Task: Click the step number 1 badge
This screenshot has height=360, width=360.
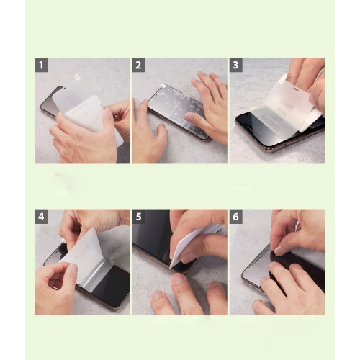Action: point(42,65)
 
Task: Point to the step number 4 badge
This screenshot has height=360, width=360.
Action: point(42,216)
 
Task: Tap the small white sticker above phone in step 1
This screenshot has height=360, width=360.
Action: point(78,77)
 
